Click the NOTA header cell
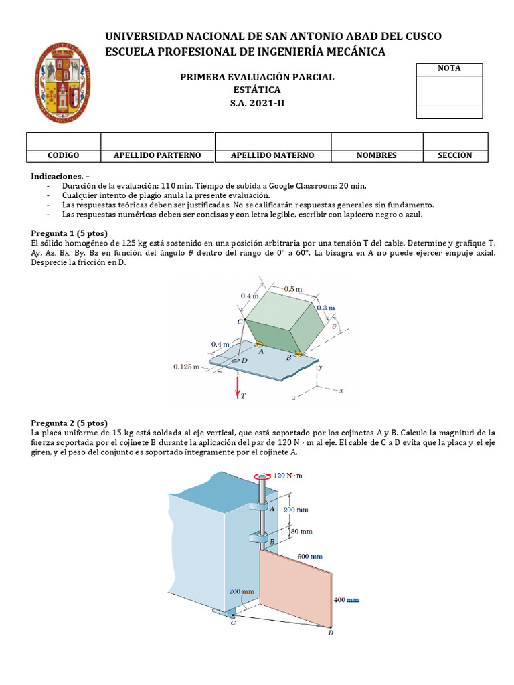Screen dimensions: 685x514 click(449, 68)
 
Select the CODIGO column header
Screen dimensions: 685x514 click(64, 155)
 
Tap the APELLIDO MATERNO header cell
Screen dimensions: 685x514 click(272, 155)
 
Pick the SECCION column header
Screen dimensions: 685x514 click(455, 155)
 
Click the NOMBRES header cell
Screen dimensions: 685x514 click(376, 155)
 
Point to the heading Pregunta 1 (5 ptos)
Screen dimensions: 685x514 click(69, 233)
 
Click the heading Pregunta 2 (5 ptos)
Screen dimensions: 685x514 click(69, 423)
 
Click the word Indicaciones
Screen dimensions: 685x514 click(56, 175)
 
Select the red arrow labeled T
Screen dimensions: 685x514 click(238, 386)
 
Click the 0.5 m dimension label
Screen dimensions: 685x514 click(292, 289)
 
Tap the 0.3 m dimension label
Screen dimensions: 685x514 click(326, 308)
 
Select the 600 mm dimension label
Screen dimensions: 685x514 click(310, 556)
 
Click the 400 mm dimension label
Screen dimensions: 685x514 click(346, 600)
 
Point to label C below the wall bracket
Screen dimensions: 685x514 click(232, 623)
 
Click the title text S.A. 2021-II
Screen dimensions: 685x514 click(257, 102)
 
